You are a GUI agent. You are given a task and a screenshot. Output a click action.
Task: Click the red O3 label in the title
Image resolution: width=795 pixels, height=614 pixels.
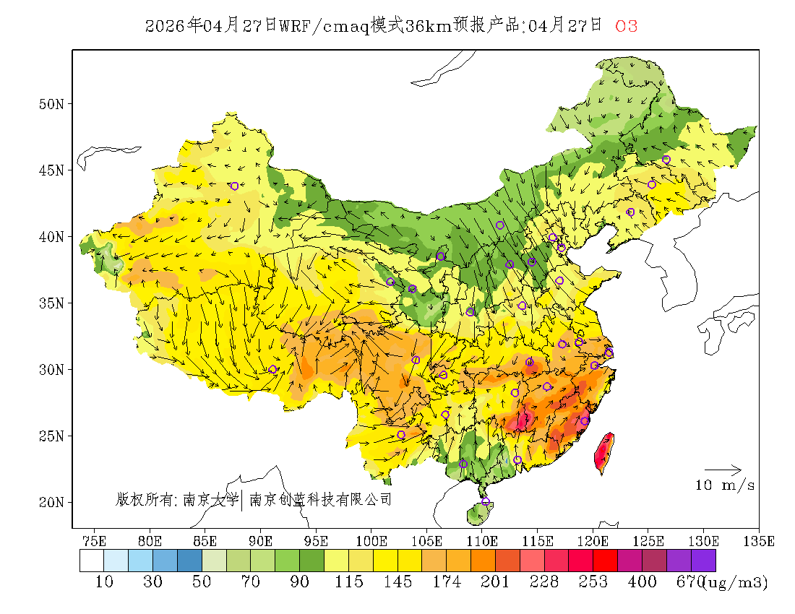coord(626,27)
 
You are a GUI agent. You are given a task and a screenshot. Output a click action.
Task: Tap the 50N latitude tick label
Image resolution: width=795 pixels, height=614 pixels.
coord(51,104)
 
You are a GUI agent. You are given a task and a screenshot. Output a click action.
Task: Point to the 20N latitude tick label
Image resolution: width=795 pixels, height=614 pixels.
coord(51,502)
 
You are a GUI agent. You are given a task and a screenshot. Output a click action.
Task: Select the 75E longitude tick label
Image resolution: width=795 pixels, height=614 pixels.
coord(95,541)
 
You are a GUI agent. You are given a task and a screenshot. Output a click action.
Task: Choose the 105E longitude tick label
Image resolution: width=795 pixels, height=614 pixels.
coord(427,541)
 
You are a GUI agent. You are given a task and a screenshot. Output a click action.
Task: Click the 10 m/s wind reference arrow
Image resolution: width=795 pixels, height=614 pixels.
coord(723,470)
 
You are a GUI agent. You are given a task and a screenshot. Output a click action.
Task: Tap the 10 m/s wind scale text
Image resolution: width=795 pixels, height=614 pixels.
coord(725,485)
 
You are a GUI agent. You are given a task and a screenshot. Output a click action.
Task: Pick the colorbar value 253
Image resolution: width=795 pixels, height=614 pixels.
coord(593,582)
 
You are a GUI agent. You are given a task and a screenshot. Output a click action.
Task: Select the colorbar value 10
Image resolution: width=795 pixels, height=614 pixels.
coord(104,582)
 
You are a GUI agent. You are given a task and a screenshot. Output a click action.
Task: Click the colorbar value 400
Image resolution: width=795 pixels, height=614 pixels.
coord(643,582)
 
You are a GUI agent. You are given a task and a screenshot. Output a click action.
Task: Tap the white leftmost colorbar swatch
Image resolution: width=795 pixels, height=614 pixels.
coord(92,561)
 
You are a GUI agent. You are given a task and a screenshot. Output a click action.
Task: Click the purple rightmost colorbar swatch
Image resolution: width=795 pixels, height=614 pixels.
coord(703,561)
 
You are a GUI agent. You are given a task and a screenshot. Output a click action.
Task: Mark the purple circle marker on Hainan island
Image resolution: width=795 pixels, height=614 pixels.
coord(485,502)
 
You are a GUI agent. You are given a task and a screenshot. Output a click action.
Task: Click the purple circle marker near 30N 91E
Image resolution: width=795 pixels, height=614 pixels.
coord(272,370)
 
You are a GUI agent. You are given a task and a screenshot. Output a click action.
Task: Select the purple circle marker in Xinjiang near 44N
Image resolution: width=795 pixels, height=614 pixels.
coord(234,186)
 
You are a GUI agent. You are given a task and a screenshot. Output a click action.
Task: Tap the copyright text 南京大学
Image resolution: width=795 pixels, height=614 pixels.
coord(210,499)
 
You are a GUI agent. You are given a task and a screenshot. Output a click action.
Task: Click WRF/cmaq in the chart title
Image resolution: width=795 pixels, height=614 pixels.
coord(325,27)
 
